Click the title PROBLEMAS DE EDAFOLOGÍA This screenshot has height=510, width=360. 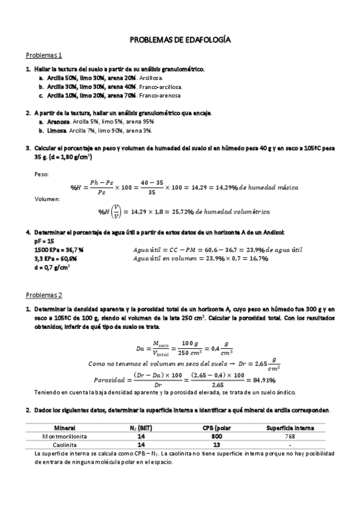(180, 40)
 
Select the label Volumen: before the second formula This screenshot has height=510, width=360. (47, 198)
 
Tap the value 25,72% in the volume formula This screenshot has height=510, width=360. (181, 212)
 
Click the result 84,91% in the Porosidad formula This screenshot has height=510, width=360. (263, 380)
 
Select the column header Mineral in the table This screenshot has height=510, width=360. (64, 428)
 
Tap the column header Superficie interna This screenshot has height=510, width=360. (290, 428)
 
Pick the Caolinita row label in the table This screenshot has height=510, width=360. (64, 444)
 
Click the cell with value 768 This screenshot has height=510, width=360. (290, 436)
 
